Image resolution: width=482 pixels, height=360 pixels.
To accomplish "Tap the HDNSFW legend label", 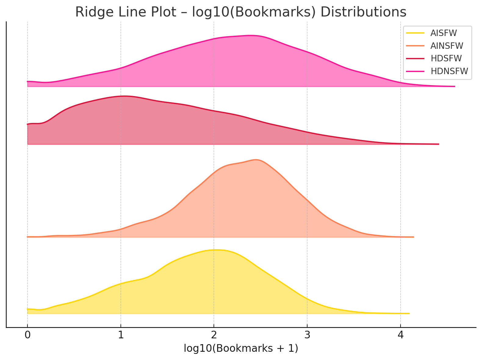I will (x=449, y=71).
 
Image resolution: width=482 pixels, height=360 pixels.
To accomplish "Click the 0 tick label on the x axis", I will (x=27, y=335).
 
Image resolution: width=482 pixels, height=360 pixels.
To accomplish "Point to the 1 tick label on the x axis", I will (x=121, y=335).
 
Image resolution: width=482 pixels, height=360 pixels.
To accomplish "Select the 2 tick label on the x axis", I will (x=214, y=335).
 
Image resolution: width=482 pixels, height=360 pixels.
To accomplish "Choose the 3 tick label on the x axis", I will (x=307, y=335).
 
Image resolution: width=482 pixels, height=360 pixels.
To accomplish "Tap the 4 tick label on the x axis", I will (x=400, y=335).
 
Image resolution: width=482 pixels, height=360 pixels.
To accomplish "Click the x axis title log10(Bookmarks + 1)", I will (x=241, y=348).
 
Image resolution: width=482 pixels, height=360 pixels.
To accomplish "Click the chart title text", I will (x=241, y=12).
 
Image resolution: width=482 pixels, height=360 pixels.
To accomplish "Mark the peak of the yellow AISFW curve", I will (x=215, y=250).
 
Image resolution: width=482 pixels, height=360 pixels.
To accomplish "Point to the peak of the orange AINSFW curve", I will (x=256, y=160).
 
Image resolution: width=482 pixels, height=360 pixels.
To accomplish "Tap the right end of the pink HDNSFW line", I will (x=455, y=86).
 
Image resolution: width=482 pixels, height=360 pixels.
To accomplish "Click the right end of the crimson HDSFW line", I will (x=438, y=144).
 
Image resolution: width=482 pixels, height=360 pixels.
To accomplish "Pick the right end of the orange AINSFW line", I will (x=413, y=237).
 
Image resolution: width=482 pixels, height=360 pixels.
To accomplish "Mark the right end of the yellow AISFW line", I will (x=409, y=313).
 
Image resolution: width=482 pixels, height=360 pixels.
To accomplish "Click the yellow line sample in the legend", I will (x=416, y=33).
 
